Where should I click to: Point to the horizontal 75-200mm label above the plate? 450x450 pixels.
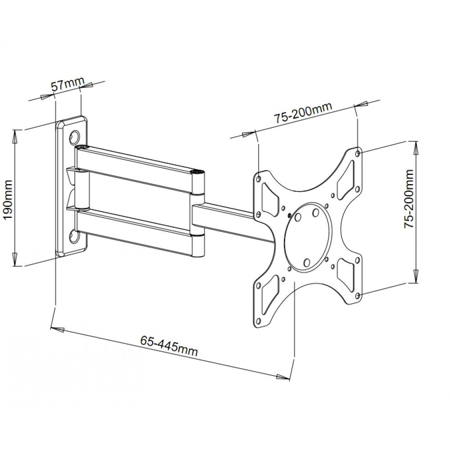302,113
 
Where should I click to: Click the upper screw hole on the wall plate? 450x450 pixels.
75,135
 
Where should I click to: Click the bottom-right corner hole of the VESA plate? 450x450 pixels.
358,296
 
